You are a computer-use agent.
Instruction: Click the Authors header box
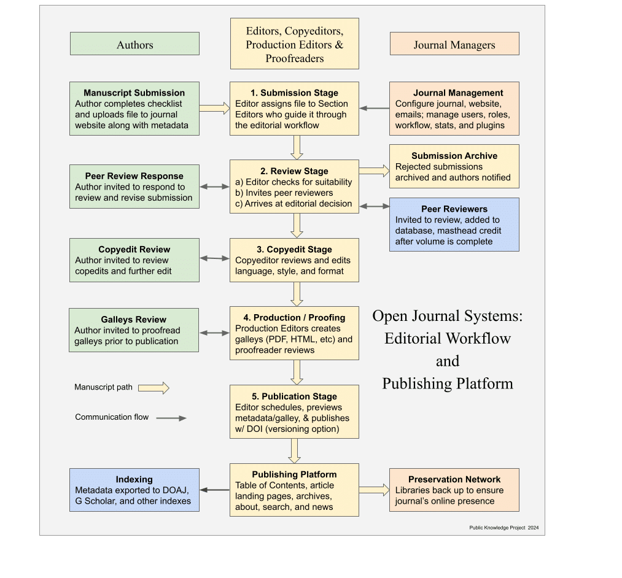point(134,44)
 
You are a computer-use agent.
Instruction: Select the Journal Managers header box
point(454,44)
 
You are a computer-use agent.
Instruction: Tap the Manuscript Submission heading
point(134,93)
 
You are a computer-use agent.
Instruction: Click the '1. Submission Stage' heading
point(294,93)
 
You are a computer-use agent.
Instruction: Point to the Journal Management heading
point(458,93)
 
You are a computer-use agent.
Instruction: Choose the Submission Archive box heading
point(454,156)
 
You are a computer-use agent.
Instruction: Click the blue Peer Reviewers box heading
point(454,209)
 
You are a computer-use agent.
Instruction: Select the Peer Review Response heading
point(134,176)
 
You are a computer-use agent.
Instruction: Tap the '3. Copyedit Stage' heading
point(294,249)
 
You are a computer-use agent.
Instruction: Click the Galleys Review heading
point(134,319)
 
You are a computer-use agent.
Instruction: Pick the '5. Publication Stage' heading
point(294,396)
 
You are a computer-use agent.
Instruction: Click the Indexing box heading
point(134,479)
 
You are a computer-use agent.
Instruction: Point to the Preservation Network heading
point(454,479)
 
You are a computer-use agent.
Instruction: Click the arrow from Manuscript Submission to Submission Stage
point(214,109)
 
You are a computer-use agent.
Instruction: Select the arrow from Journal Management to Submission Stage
point(375,109)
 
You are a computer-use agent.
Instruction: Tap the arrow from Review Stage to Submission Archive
point(374,171)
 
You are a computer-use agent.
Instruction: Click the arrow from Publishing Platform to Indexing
point(214,490)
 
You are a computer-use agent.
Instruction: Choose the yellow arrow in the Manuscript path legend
point(154,388)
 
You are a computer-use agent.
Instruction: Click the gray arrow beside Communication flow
point(171,418)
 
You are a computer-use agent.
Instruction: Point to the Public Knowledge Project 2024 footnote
point(503,528)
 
